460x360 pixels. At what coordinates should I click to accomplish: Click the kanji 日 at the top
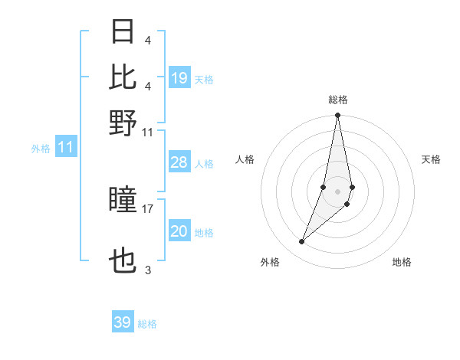pos(123,32)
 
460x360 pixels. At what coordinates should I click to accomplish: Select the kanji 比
pos(123,77)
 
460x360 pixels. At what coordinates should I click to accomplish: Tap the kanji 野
pos(123,123)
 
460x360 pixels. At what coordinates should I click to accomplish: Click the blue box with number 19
pos(179,78)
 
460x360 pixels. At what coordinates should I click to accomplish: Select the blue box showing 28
pos(179,162)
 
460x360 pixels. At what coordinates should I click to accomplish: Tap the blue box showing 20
pos(179,231)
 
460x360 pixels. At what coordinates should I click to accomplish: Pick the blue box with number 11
pos(66,147)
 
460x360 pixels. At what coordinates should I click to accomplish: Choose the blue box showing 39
pos(123,322)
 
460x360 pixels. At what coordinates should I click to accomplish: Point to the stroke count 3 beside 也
pos(148,270)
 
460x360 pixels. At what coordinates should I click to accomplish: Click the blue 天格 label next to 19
pos(204,80)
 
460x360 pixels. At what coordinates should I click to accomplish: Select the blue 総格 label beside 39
pos(147,324)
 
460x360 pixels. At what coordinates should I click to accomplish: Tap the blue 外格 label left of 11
pos(40,149)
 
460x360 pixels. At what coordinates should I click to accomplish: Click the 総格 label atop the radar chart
pos(338,100)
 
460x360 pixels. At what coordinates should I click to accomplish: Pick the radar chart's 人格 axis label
pos(245,159)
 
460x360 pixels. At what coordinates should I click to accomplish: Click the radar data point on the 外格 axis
pos(302,242)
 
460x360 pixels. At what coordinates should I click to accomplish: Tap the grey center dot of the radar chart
pos(338,191)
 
